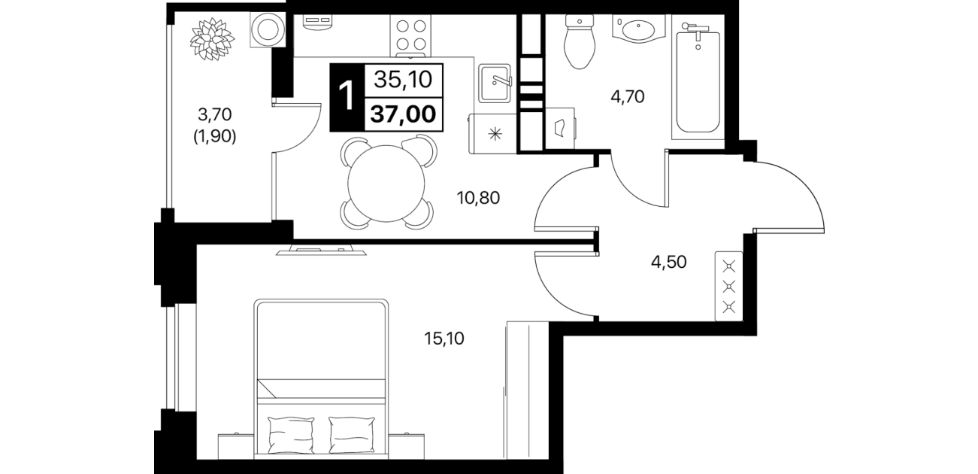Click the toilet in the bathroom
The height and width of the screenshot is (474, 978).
tap(580, 41)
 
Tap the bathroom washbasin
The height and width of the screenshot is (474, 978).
tap(638, 29)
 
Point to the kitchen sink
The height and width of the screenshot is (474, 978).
tap(495, 83)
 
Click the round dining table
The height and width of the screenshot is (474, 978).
tap(386, 184)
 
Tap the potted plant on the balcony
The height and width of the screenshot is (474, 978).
tap(212, 39)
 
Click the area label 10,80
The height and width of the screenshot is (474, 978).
tap(478, 198)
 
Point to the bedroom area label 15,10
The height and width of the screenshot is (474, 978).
tap(444, 338)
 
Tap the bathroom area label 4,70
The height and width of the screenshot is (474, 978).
tap(628, 96)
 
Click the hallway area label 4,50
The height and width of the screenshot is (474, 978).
tap(668, 262)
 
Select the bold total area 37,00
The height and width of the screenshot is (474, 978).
tap(403, 114)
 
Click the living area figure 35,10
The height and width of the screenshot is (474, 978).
tap(403, 80)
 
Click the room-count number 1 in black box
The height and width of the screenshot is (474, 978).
tap(347, 97)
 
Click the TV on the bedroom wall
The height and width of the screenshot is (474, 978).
tap(321, 251)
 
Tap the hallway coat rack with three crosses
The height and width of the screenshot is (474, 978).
tap(728, 286)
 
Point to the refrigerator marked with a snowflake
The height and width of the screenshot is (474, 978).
tap(493, 134)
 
